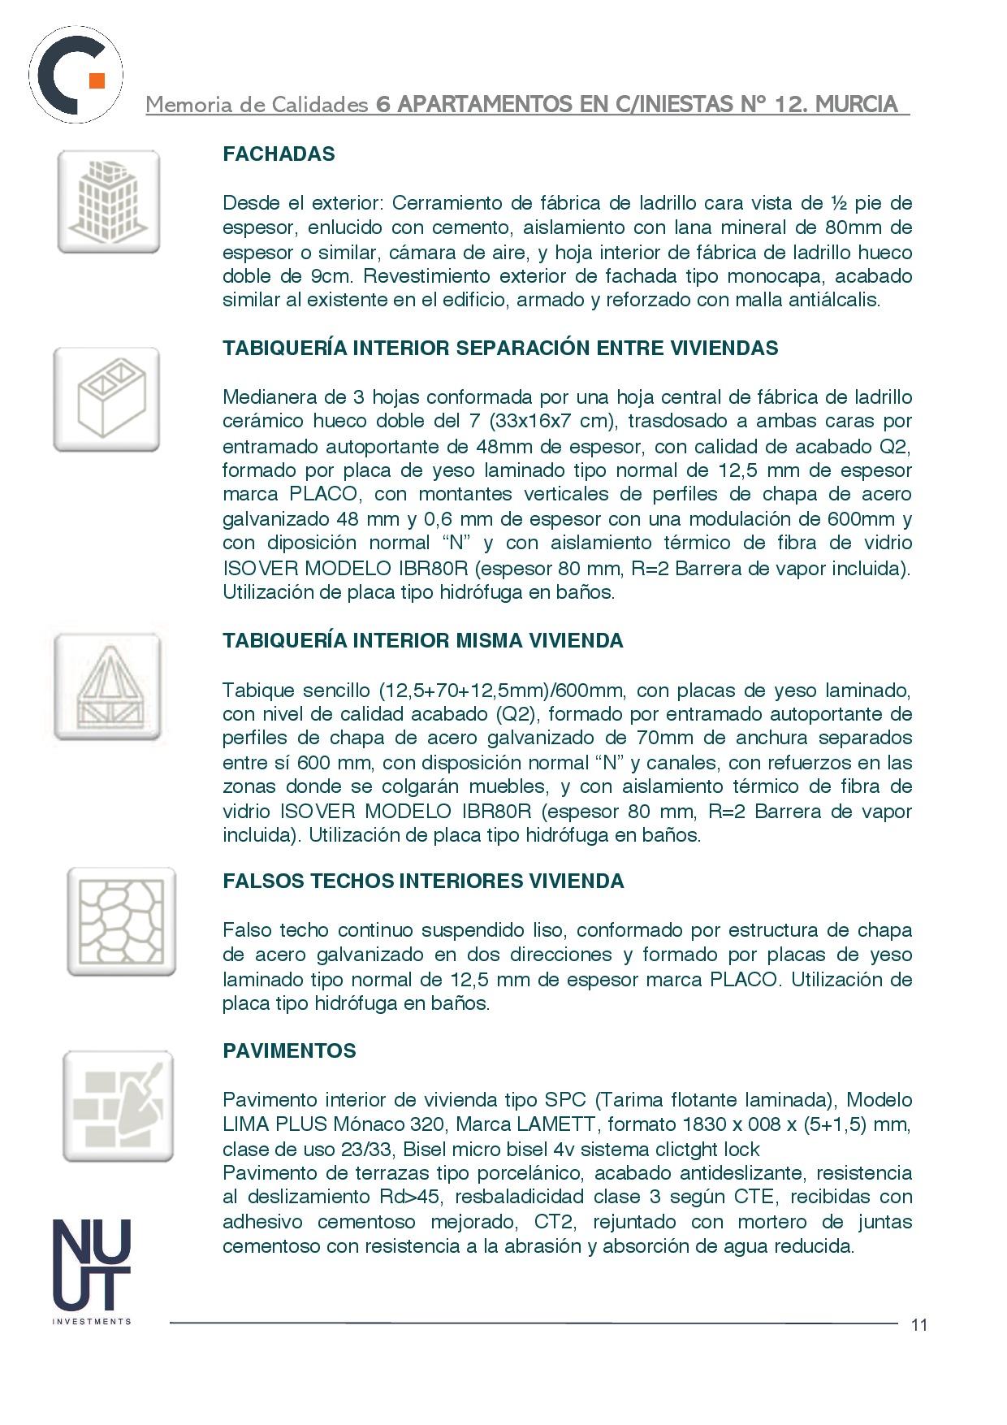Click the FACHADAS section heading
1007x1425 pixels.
(x=279, y=154)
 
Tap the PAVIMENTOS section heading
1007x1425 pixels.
(x=289, y=1051)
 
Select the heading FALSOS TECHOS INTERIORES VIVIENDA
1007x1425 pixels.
(x=423, y=881)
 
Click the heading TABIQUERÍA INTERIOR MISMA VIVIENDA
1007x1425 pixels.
(x=423, y=641)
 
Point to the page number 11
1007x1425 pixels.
(x=918, y=1325)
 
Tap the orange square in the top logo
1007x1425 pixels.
(x=97, y=80)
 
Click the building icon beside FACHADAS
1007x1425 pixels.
(x=108, y=201)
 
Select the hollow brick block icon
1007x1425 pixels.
(x=106, y=399)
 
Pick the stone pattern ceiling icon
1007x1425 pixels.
(x=121, y=921)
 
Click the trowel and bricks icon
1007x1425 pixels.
(x=119, y=1106)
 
